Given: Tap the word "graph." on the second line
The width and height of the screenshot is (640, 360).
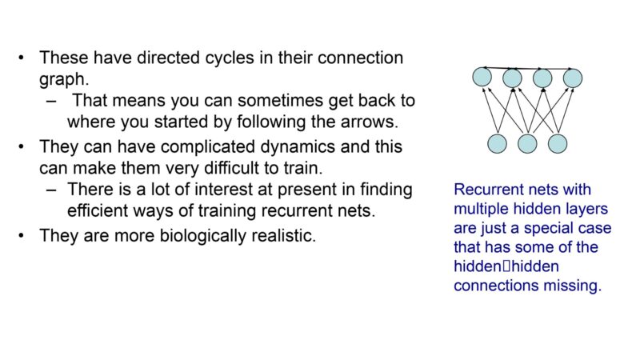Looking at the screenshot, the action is click(64, 79).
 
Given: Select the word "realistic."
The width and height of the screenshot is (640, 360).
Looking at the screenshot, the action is click(284, 236).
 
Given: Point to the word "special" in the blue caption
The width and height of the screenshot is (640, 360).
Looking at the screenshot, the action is click(550, 229).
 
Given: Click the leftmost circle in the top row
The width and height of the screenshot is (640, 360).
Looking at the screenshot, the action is click(482, 77).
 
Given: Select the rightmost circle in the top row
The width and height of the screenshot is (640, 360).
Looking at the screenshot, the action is click(573, 78).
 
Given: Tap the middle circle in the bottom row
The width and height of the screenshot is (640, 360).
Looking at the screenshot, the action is click(527, 144).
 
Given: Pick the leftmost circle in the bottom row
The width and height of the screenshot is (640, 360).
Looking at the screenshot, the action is click(497, 144).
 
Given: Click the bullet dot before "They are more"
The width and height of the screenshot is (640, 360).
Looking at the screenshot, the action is click(22, 236).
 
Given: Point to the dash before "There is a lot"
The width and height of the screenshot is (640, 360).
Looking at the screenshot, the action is click(51, 190).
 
